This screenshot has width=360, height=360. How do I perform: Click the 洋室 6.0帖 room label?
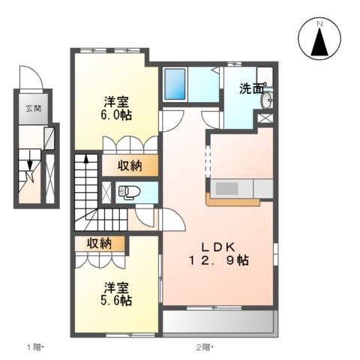(x=115, y=109)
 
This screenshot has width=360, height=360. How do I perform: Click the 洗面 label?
(x=251, y=89)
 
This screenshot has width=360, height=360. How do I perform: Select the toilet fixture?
(x=124, y=192)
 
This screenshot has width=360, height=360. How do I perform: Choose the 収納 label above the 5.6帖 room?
(x=99, y=243)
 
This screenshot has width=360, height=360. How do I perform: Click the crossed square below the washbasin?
(x=265, y=118)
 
